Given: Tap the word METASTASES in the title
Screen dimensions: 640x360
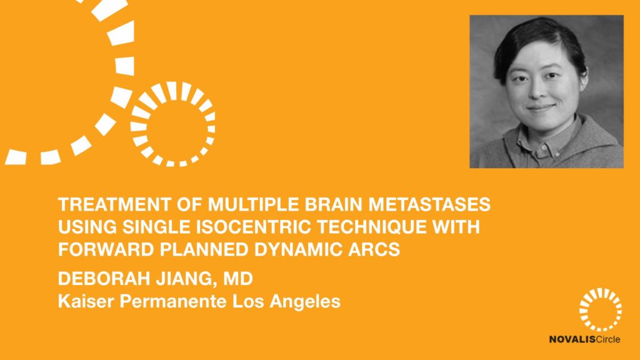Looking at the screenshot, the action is (429, 204).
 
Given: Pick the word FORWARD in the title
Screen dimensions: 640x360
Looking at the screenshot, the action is (106, 249).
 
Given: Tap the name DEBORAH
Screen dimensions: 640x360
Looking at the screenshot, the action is (104, 279).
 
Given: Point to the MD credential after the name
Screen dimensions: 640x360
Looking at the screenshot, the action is (238, 279).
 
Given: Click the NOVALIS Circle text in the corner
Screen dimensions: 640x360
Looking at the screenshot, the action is (584, 339).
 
